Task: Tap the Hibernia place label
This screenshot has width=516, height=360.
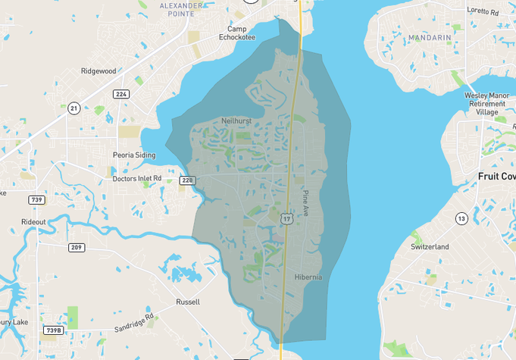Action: pos(308,277)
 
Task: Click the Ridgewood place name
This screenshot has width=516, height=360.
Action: pos(99,71)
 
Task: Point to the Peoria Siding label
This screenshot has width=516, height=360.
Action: pos(133,155)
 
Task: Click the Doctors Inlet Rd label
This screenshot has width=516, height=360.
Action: pos(136,179)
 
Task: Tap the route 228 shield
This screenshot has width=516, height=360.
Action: pos(187,180)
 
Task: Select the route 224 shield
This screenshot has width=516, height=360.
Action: pos(120,94)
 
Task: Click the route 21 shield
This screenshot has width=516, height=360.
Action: pos(73,108)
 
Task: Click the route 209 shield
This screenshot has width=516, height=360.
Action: pos(77,247)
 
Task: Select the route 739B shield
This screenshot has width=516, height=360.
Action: pos(53,330)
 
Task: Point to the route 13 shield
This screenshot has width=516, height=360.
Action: pos(461,218)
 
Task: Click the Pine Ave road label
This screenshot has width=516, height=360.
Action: pos(305,203)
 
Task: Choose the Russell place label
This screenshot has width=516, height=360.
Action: pos(188,302)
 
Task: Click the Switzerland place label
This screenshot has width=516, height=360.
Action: pos(430,247)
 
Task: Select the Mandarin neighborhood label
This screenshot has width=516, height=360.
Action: pos(429,37)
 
